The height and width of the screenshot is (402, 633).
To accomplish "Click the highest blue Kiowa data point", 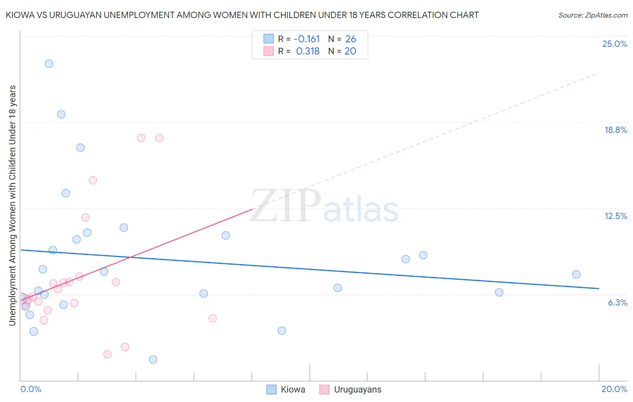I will (49, 64).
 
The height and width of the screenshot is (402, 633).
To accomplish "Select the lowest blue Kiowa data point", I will (153, 359).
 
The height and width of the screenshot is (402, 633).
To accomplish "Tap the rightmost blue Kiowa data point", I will (576, 274).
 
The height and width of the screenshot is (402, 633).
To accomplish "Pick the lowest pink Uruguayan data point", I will (107, 354).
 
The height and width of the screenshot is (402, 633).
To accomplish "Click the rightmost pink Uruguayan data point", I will (213, 318).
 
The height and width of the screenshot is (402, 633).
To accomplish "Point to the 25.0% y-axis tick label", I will (615, 44).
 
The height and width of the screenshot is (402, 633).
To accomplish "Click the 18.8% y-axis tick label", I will (615, 130).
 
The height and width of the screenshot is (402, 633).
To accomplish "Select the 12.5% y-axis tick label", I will (615, 216).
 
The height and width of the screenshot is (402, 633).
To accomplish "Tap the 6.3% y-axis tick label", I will (617, 302).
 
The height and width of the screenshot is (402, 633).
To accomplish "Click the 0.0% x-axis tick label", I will (31, 389).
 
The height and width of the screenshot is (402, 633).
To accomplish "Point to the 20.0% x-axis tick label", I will (614, 389).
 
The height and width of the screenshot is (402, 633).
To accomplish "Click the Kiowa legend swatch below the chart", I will (271, 389).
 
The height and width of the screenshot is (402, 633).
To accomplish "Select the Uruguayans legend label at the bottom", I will (357, 389).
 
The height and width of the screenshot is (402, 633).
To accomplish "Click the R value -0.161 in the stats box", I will (307, 39).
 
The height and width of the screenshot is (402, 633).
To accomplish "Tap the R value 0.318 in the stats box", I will (308, 51).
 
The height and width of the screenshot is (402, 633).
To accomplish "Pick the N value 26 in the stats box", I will (351, 39).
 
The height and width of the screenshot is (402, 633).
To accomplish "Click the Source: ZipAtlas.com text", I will (592, 15).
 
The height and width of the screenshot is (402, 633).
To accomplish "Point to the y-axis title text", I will (12, 205).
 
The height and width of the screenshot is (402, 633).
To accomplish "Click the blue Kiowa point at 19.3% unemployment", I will (61, 114).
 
